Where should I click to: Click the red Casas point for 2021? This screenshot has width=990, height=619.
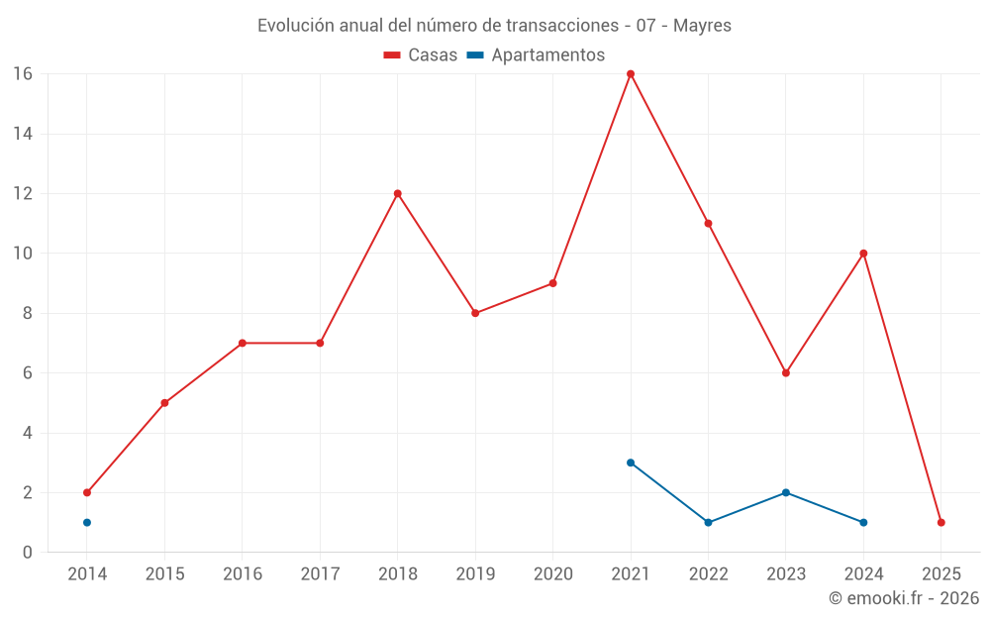631,74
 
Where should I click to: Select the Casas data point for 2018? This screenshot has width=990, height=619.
398,193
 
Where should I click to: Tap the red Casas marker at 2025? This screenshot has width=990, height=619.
940,522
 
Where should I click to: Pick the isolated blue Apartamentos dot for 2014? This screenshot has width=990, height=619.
87,522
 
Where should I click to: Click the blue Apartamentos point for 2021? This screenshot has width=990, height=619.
631,463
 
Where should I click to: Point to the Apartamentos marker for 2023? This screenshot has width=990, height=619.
786,492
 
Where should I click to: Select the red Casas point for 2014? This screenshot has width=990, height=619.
87,492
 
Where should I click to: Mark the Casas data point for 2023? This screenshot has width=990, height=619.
786,373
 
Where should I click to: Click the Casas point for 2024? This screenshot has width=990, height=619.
863,254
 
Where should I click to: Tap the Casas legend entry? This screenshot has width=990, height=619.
421,55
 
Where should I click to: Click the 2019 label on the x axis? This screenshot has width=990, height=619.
475,574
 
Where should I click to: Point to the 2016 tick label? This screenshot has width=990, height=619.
243,574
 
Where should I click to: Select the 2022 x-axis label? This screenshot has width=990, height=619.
708,574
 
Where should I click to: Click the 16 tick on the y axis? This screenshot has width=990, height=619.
23,74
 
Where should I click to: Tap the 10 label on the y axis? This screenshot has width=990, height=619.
23,254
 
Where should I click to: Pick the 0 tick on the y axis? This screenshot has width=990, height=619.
28,552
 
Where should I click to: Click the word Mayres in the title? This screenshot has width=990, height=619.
702,26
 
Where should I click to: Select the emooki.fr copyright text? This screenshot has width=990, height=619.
904,598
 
